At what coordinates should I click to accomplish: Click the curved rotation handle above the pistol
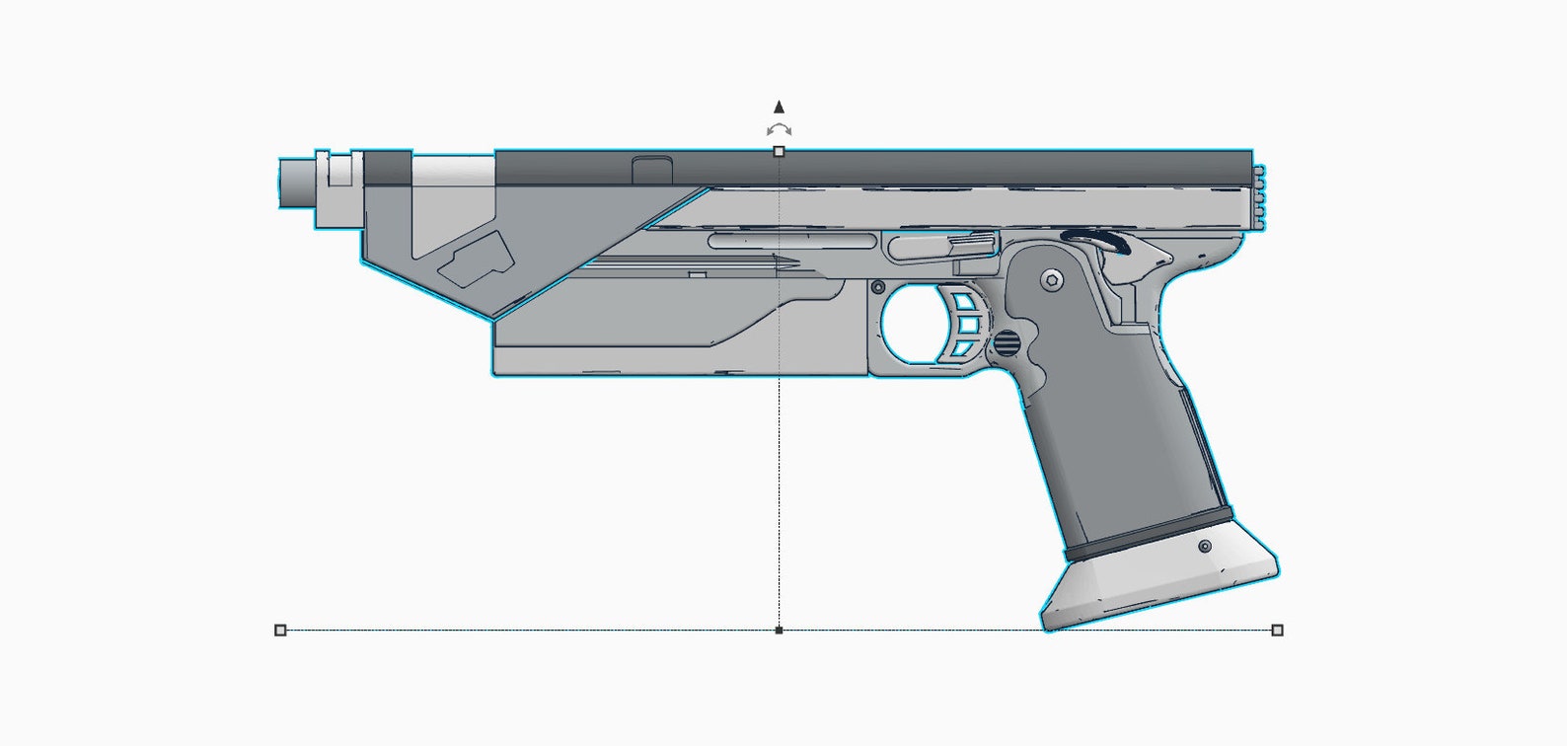click(779, 130)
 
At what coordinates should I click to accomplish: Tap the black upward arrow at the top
click(779, 107)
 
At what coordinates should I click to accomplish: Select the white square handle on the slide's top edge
click(779, 151)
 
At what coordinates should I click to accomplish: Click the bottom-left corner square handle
click(280, 630)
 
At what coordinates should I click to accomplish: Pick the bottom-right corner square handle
click(1278, 630)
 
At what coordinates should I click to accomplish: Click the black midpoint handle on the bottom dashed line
click(779, 630)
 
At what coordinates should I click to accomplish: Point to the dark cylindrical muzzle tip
click(295, 183)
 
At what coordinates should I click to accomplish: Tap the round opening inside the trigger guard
click(913, 325)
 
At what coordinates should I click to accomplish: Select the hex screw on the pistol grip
click(1052, 280)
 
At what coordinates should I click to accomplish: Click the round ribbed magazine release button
click(1005, 344)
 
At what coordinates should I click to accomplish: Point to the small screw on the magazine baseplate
click(1205, 546)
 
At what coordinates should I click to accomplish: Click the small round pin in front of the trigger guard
click(877, 287)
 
